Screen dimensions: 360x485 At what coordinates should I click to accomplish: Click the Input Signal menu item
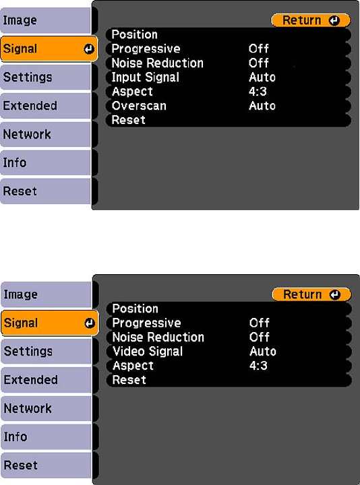(145, 77)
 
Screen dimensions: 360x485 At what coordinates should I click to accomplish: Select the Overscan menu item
(139, 106)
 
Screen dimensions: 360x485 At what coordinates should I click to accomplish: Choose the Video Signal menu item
(148, 352)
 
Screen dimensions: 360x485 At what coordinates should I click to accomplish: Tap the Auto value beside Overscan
(262, 106)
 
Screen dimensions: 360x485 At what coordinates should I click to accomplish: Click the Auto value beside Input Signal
(262, 77)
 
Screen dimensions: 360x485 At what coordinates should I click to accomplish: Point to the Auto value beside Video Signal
(263, 352)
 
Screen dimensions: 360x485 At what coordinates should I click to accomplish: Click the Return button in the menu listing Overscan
(311, 20)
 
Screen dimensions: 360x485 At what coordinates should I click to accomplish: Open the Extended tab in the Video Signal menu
(46, 380)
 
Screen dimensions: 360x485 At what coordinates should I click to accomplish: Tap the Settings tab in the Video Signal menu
(46, 352)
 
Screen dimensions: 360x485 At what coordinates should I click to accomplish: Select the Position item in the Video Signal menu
(136, 309)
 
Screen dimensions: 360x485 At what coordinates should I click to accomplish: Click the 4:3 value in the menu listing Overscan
(258, 92)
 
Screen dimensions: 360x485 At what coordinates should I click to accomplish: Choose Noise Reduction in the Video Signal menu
(158, 337)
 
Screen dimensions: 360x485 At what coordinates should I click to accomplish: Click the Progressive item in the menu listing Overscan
(146, 48)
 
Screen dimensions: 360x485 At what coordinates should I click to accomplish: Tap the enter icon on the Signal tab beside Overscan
(89, 49)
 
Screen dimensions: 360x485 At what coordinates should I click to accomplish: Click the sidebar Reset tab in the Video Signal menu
(46, 465)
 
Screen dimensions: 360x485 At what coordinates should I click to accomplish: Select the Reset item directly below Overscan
(129, 120)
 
